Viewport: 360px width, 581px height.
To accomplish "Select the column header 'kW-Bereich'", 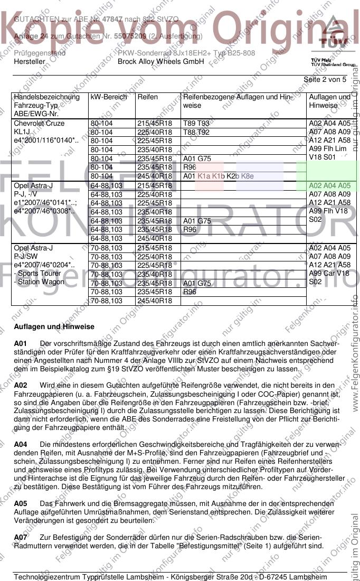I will coord(109,97).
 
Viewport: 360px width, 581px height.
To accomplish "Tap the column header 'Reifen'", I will coord(147,97).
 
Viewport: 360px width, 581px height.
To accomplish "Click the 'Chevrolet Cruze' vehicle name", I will coord(39,124).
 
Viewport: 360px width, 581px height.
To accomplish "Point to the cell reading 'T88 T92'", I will coord(196,132).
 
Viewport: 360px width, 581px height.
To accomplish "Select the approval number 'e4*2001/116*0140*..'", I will coord(46,140).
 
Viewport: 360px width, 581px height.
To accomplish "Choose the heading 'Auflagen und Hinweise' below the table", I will coord(54,327).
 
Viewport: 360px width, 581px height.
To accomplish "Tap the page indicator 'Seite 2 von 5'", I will coord(325,80).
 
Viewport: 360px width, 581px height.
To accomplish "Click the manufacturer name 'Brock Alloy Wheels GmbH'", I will coord(160,61).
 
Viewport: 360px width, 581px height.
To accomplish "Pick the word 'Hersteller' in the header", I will coord(30,61).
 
